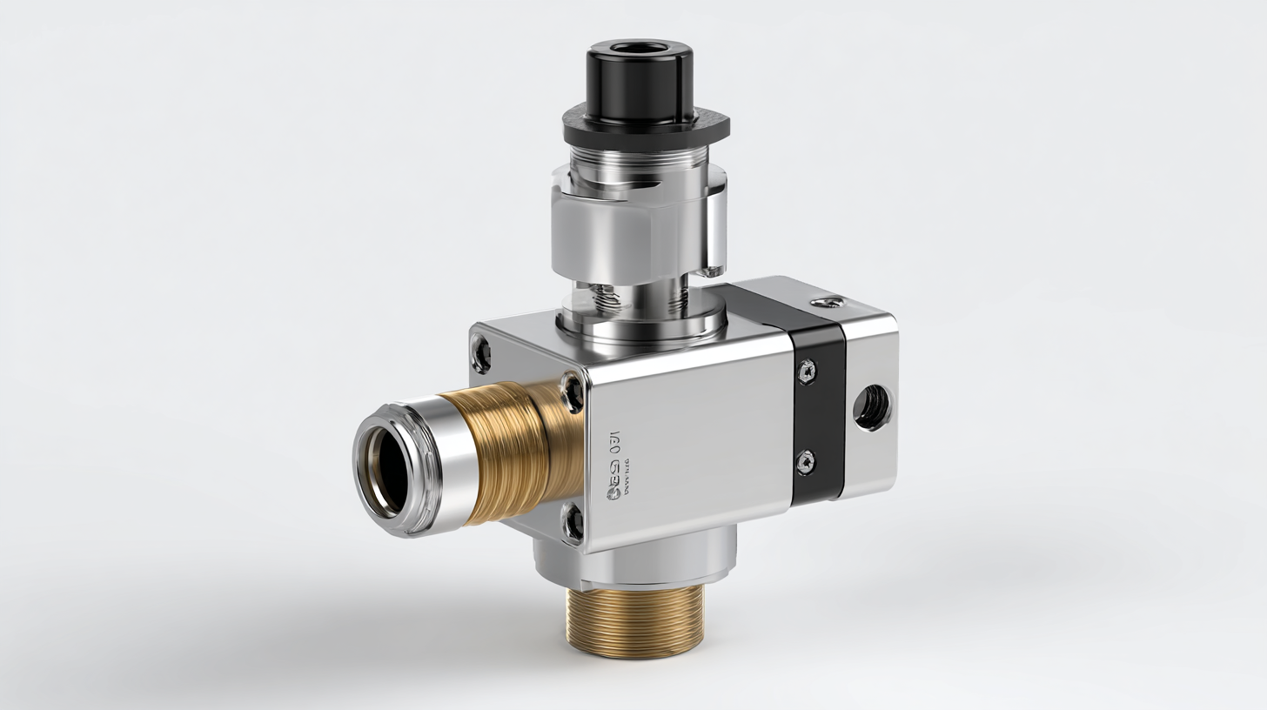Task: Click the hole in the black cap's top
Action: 639,49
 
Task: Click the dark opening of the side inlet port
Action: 386,469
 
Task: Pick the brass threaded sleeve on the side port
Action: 513,452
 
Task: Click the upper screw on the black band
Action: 807,372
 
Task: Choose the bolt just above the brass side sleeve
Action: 573,392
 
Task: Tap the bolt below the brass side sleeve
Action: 573,522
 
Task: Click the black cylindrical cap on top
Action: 640,74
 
